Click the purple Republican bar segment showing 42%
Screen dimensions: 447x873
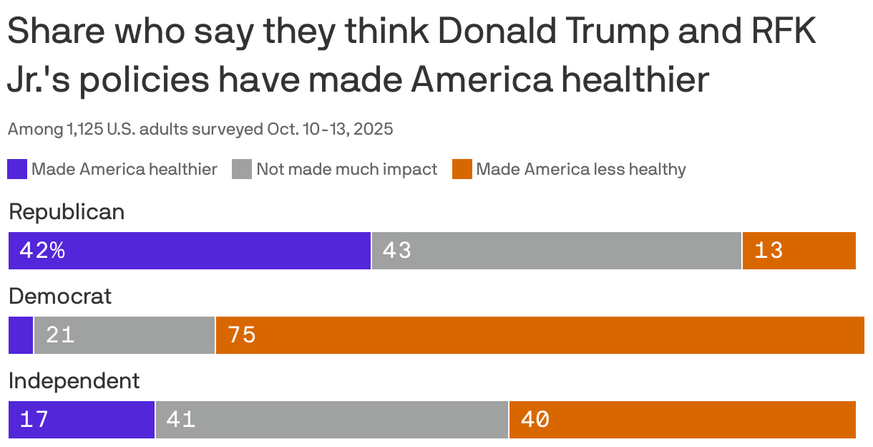point(189,251)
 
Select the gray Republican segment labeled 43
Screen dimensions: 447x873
point(556,251)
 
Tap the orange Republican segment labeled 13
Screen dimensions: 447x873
point(799,251)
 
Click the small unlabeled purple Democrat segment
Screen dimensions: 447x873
point(20,335)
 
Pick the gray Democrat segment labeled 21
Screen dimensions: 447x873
point(124,335)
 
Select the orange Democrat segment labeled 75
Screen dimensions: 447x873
point(540,335)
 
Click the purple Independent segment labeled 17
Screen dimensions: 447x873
point(81,420)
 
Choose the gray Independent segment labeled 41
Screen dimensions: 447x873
point(331,420)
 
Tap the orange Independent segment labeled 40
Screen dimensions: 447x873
point(682,420)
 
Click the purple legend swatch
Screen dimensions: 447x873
point(17,170)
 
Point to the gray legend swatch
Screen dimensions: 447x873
point(242,170)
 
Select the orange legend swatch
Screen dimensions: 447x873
point(462,170)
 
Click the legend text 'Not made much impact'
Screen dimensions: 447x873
point(346,170)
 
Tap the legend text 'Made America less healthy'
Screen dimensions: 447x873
point(580,170)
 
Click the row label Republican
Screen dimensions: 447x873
point(67,212)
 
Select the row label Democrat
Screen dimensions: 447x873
point(60,297)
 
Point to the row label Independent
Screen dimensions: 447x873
point(74,381)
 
